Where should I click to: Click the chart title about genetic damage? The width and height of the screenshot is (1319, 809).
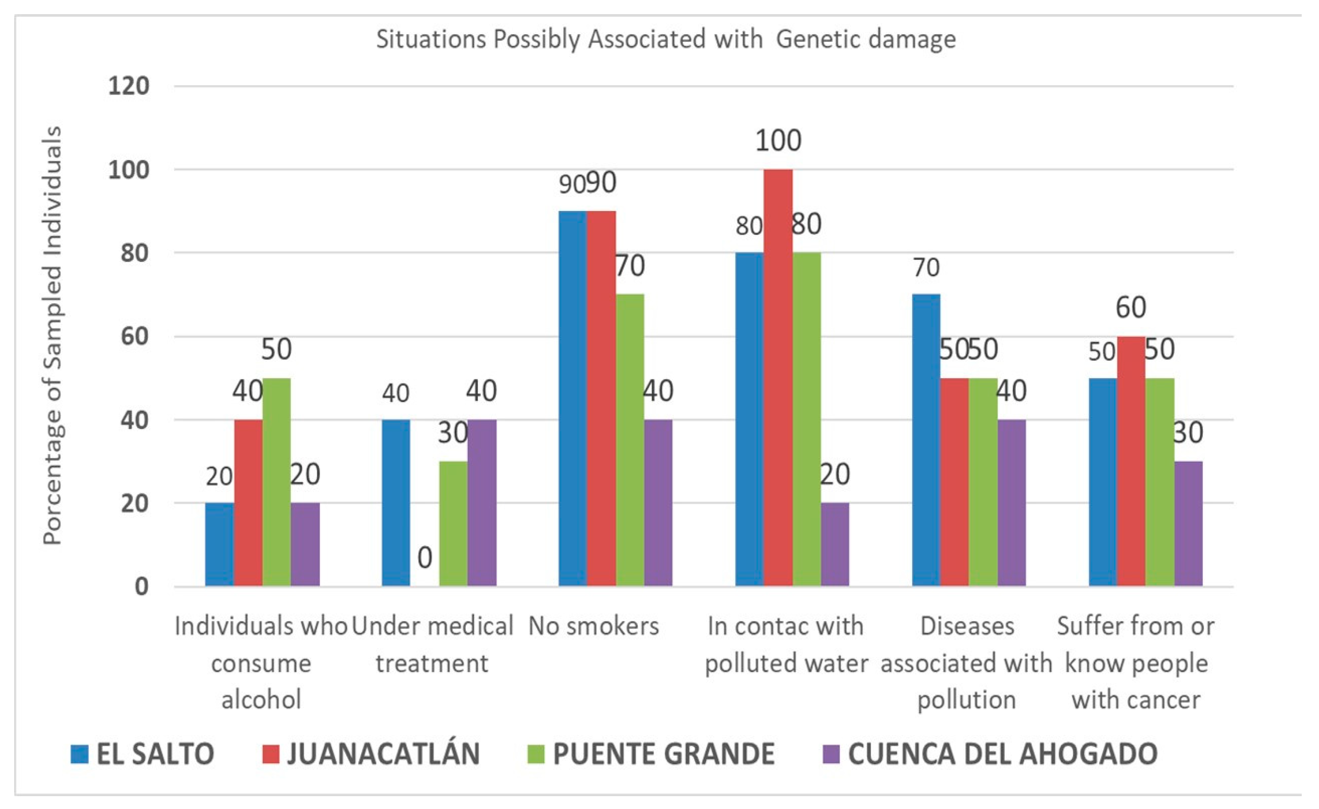tap(665, 39)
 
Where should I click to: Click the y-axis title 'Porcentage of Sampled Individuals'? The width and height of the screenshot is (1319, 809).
tap(52, 336)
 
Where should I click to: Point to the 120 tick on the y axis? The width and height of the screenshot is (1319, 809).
tap(129, 86)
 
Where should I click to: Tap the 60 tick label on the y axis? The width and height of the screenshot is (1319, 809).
tap(134, 336)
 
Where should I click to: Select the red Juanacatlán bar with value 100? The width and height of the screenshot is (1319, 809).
tap(777, 378)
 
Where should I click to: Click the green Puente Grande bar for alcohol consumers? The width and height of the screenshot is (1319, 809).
tap(276, 482)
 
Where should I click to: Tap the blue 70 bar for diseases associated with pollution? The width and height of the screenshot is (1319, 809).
tap(925, 440)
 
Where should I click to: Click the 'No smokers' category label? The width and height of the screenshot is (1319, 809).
tap(593, 626)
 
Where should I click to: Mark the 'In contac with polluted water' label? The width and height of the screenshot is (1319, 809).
tap(785, 645)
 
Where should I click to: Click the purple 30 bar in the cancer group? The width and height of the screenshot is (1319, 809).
tap(1188, 523)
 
